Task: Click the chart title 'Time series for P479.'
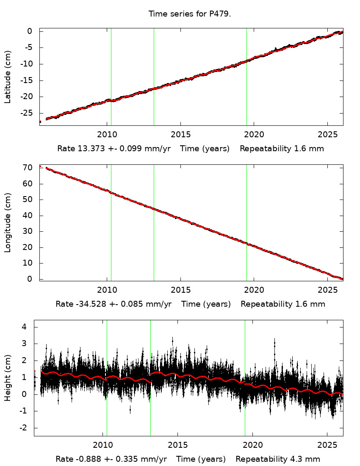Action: point(189,14)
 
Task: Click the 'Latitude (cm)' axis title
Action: point(8,77)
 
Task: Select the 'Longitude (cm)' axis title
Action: point(8,223)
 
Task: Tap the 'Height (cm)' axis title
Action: point(8,377)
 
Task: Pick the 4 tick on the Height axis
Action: point(25,327)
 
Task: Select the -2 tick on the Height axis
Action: point(23,428)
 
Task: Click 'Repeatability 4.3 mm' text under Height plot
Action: point(278,459)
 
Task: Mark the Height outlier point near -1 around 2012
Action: point(130,410)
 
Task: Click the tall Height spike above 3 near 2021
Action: point(274,340)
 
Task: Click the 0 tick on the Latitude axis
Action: point(30,31)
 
